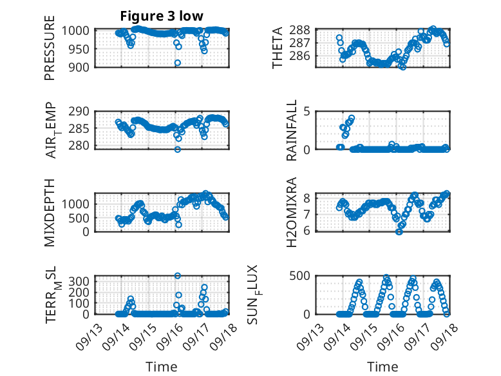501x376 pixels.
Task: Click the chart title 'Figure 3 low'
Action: (x=162, y=17)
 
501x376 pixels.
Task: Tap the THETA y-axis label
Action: (x=278, y=48)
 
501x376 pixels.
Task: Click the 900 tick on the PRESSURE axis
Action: (x=81, y=66)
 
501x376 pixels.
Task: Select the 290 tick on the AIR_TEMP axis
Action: (x=81, y=112)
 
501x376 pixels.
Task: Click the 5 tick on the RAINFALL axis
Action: (x=308, y=112)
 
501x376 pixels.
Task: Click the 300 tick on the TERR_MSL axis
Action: (x=81, y=281)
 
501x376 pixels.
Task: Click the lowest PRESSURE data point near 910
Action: (x=178, y=63)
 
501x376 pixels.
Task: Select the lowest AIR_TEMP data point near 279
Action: (x=178, y=149)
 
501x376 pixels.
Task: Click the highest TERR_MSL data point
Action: (x=178, y=275)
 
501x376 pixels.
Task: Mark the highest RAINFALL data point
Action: (x=352, y=118)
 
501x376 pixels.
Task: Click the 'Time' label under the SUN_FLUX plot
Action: (x=383, y=367)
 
